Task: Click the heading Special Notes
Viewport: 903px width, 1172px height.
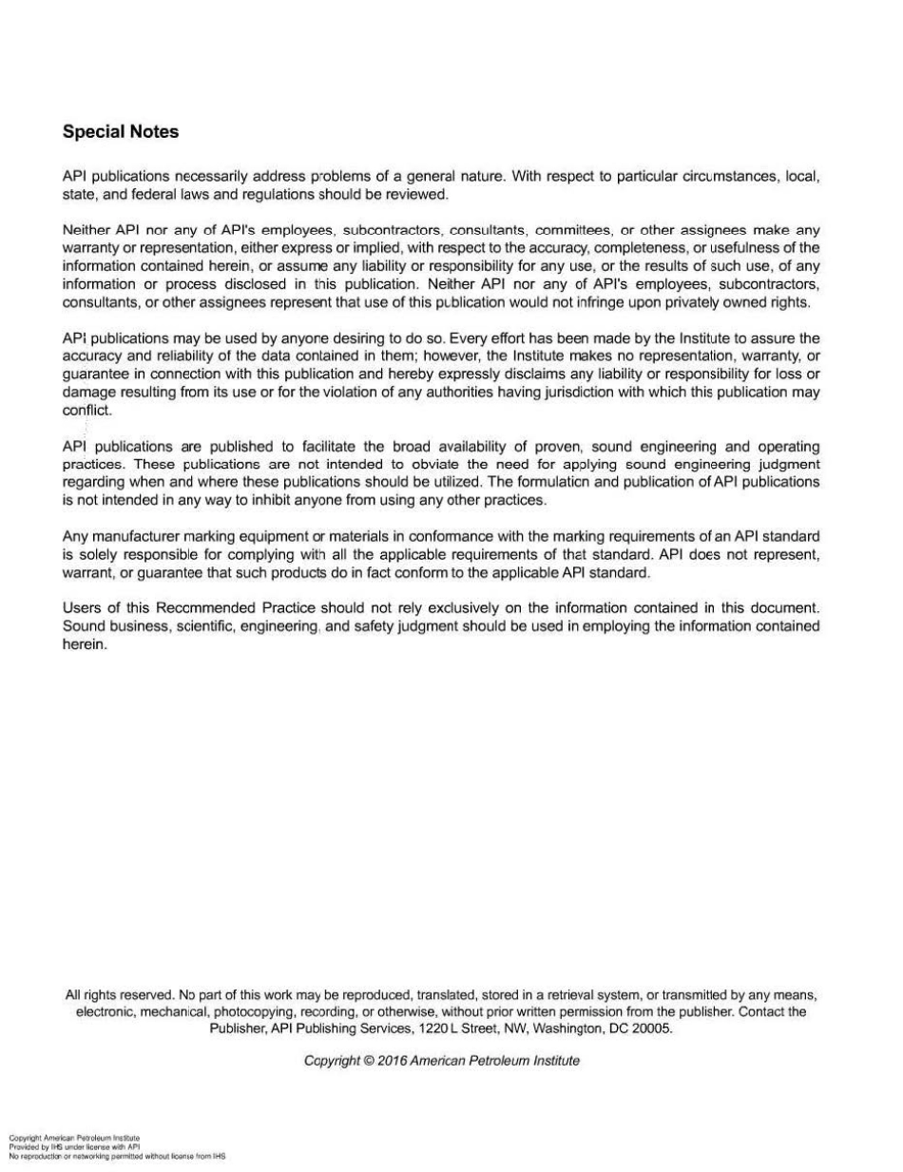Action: pyautogui.click(x=120, y=132)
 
